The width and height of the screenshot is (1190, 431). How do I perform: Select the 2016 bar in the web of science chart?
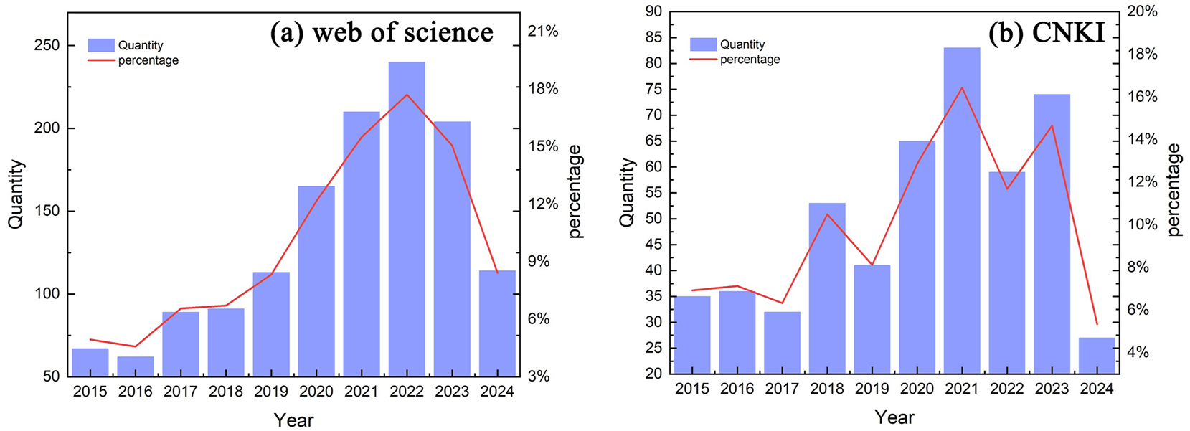tap(136, 366)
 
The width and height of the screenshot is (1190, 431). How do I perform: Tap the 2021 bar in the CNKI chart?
tap(962, 215)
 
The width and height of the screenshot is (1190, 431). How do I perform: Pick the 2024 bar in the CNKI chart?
tap(1097, 356)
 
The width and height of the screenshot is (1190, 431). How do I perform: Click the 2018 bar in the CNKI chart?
tap(827, 287)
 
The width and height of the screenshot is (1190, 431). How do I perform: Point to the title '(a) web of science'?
tap(382, 32)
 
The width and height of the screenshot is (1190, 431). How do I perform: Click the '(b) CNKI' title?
tap(1047, 32)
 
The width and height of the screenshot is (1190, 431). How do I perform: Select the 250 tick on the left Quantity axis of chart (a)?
tap(47, 45)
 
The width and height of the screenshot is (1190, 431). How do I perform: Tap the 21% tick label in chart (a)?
tap(543, 32)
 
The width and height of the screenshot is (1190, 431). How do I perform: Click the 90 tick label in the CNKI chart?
tap(653, 11)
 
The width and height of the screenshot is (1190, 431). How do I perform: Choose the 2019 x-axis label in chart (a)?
tap(271, 392)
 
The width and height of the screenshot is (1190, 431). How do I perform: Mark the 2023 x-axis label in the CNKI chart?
tap(1052, 389)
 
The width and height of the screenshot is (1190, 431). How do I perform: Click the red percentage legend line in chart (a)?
tap(101, 60)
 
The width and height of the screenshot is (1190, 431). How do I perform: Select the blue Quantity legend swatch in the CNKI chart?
tap(703, 44)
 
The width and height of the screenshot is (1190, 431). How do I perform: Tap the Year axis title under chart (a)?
tap(293, 420)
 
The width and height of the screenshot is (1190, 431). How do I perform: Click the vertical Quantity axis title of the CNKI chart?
tap(627, 192)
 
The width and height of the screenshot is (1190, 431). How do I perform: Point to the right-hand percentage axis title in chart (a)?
tap(575, 191)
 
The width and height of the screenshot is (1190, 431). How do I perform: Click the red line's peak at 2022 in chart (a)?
tap(407, 95)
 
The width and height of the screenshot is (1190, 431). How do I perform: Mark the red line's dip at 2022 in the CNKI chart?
tap(1007, 189)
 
